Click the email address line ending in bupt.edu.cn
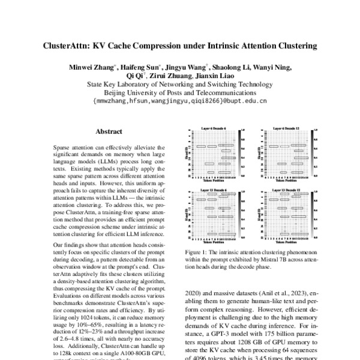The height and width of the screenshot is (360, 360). click(x=180, y=102)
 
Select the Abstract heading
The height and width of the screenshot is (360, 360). click(x=109, y=131)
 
